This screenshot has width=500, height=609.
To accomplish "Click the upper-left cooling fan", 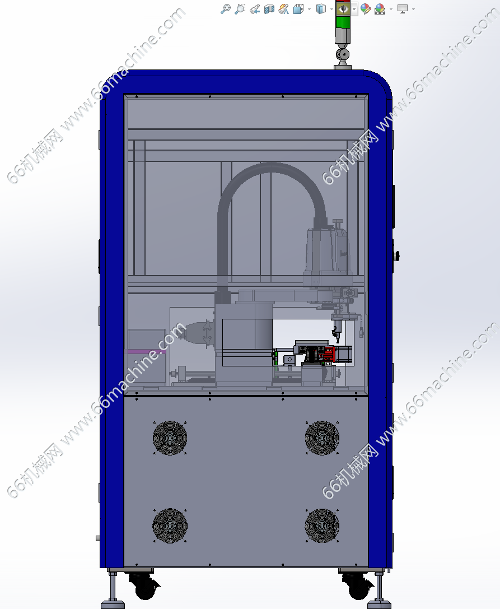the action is pos(170,438).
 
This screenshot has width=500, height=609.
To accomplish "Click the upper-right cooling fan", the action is pos(322,438).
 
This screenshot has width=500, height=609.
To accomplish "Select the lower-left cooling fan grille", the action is pos(170,526).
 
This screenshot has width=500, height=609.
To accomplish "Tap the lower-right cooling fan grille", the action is pos(322,526).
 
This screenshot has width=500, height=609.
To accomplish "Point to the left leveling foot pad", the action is pos(113,605).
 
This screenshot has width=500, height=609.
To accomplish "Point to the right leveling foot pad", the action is pos(378,605).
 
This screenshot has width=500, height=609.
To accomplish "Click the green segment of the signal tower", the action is pos(343,23).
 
